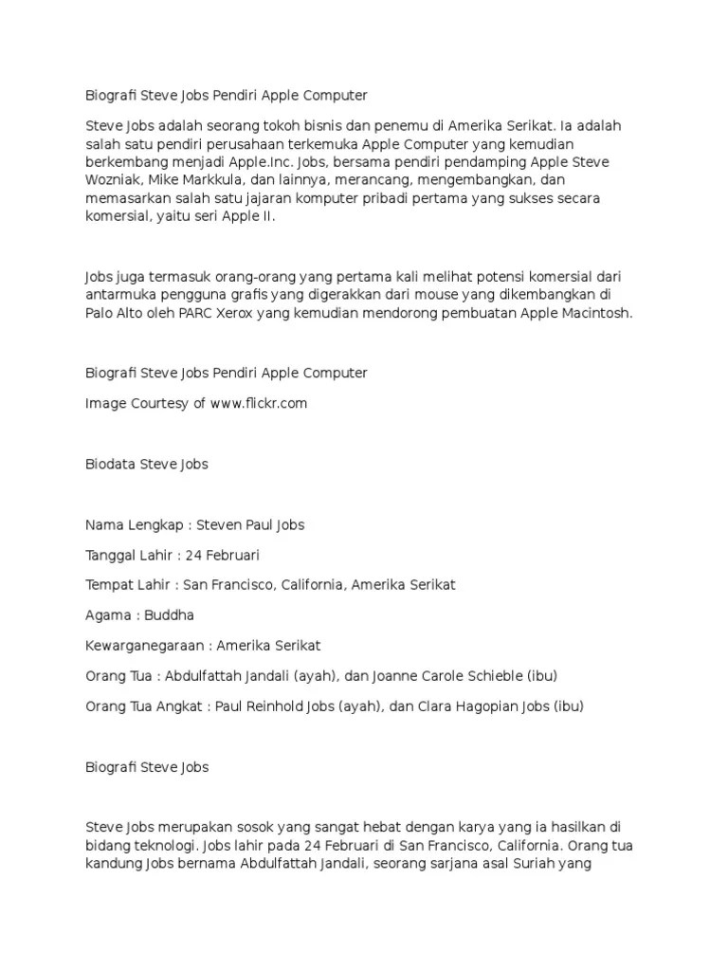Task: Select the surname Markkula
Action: (211, 180)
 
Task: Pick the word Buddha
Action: (170, 615)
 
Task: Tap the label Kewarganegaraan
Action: (144, 646)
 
